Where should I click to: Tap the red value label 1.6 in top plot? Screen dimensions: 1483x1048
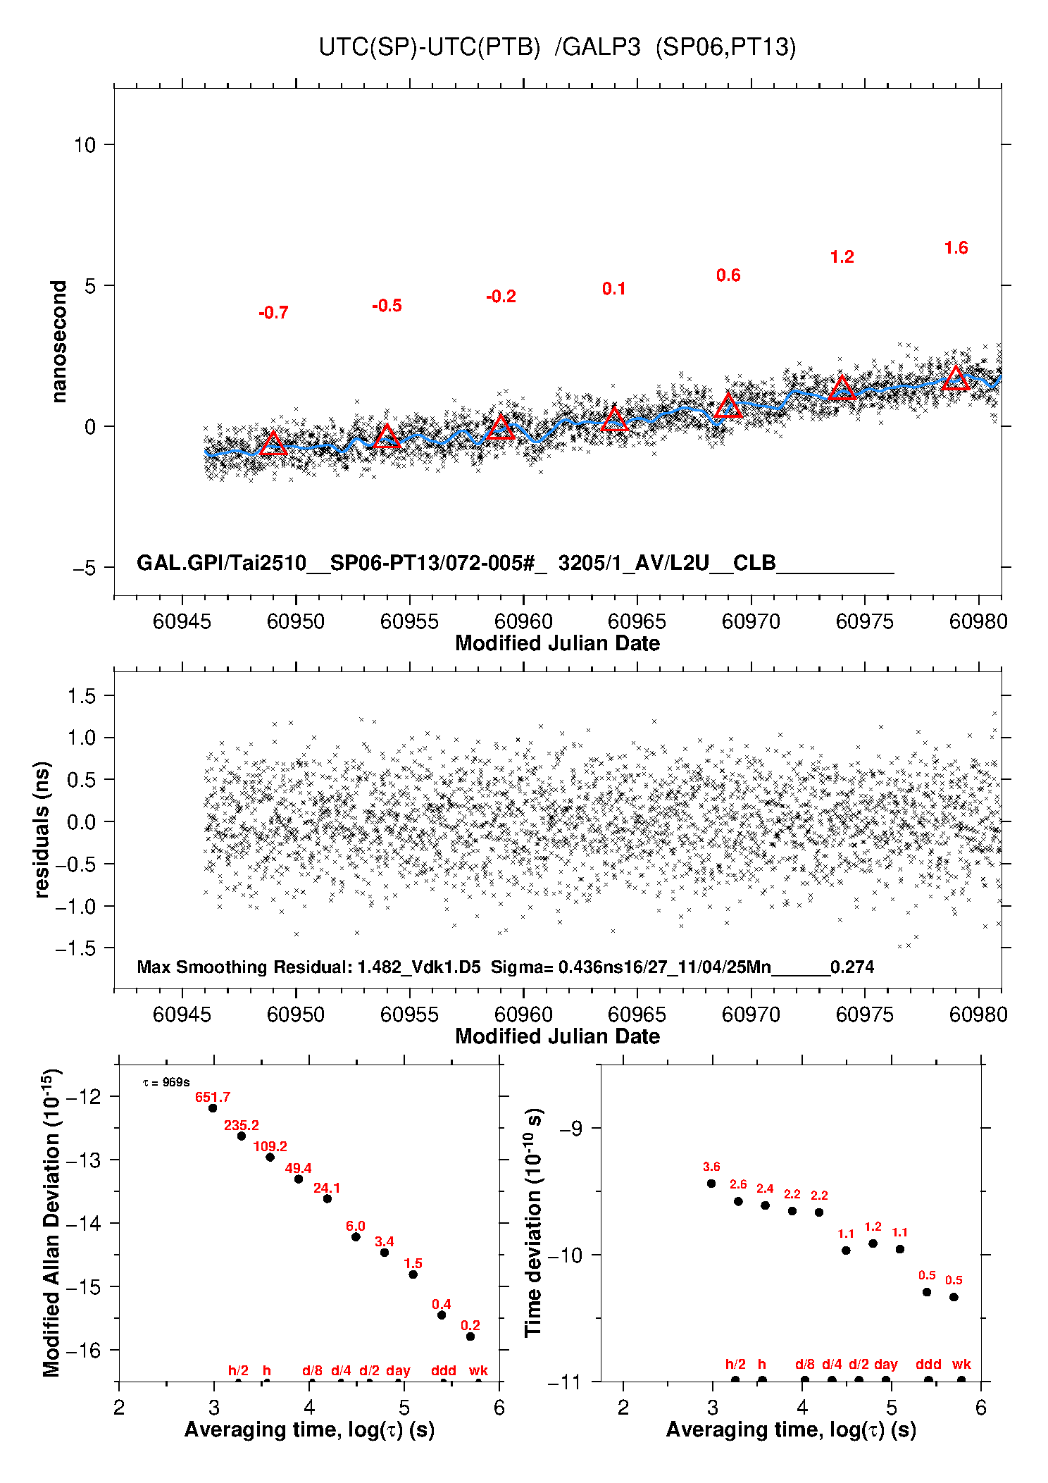pyautogui.click(x=956, y=248)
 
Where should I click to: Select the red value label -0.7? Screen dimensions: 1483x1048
pyautogui.click(x=273, y=313)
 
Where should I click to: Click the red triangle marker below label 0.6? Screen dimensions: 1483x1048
pyautogui.click(x=728, y=407)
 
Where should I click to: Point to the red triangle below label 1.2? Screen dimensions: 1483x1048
pyautogui.click(x=842, y=388)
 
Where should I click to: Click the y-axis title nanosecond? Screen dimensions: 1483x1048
pyautogui.click(x=58, y=342)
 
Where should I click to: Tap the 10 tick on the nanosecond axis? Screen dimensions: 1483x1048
pyautogui.click(x=85, y=145)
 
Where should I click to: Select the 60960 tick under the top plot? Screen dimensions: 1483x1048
pyautogui.click(x=523, y=621)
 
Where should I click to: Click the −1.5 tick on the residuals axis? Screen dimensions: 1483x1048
pyautogui.click(x=76, y=948)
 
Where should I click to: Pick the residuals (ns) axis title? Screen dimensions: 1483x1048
pyautogui.click(x=42, y=829)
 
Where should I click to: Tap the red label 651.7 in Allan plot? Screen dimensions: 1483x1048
pyautogui.click(x=213, y=1098)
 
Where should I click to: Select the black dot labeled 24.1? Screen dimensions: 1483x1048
pyautogui.click(x=327, y=1198)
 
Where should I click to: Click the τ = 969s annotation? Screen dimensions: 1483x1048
pyautogui.click(x=166, y=1082)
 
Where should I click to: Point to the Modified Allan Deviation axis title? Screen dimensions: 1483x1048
pyautogui.click(x=51, y=1223)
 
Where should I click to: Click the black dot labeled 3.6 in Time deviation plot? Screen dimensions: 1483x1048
pyautogui.click(x=711, y=1184)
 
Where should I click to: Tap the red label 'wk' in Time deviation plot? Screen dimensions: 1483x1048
pyautogui.click(x=961, y=1365)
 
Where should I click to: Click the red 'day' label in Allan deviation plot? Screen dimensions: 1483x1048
pyautogui.click(x=398, y=1371)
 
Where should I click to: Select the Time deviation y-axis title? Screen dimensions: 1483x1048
pyautogui.click(x=533, y=1223)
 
